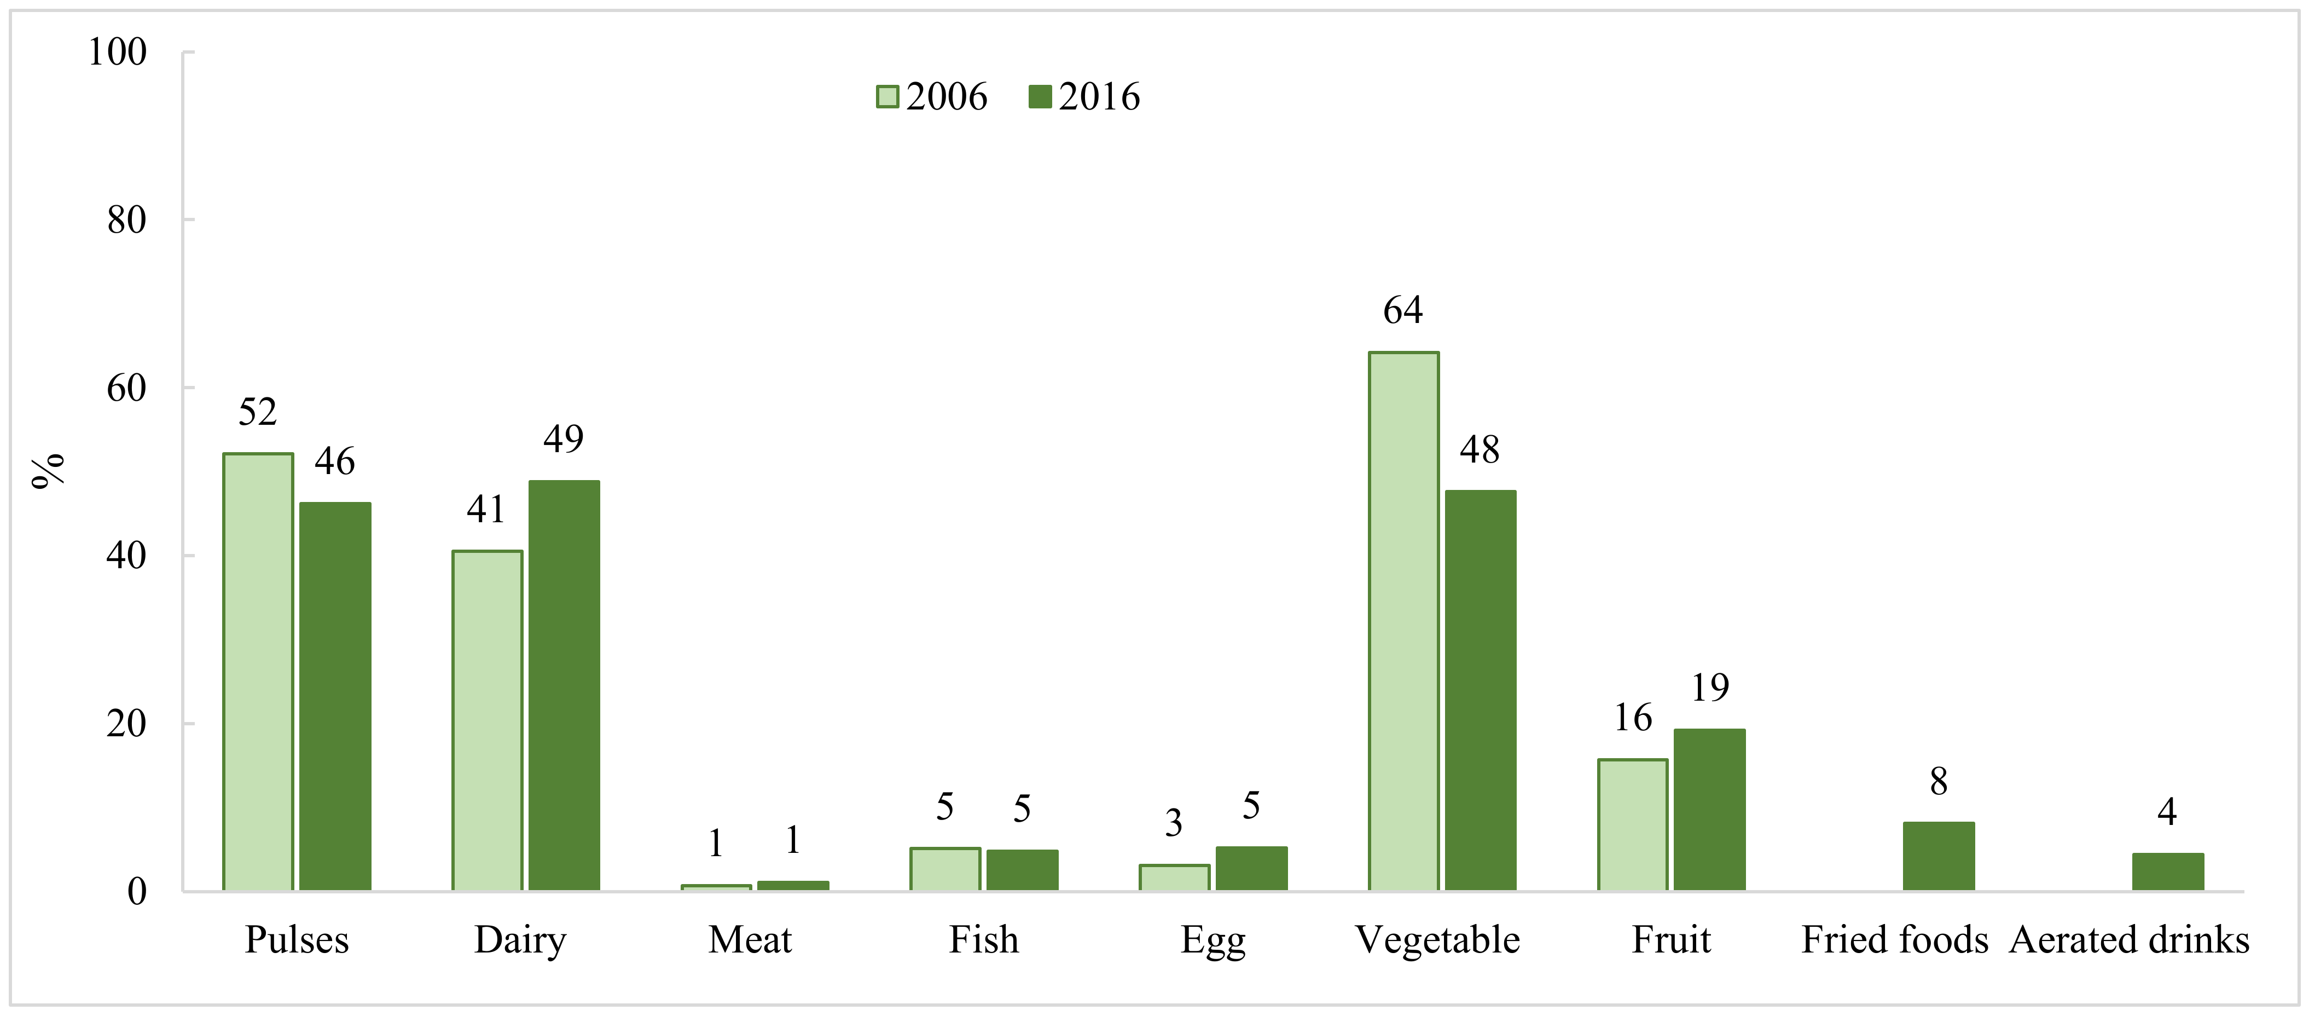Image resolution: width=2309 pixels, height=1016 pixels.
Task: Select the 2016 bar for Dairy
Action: pyautogui.click(x=564, y=685)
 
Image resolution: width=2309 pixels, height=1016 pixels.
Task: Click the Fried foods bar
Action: pyautogui.click(x=1938, y=856)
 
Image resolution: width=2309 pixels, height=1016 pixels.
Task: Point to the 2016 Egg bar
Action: pyautogui.click(x=1251, y=868)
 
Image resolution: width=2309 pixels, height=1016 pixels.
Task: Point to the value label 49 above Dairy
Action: pyautogui.click(x=564, y=438)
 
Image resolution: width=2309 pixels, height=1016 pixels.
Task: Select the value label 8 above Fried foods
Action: pyautogui.click(x=1939, y=782)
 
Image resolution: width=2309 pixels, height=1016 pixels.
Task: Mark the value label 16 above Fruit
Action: pyautogui.click(x=1633, y=718)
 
